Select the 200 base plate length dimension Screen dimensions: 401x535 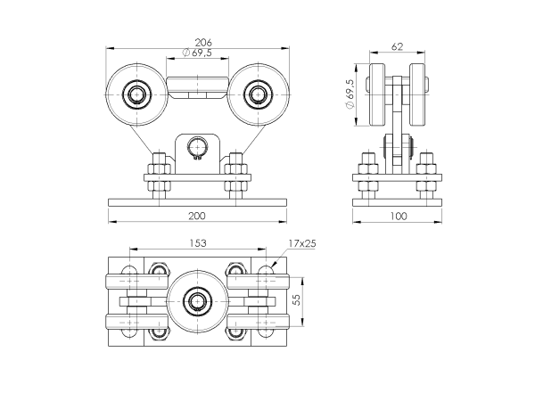[x=196, y=216]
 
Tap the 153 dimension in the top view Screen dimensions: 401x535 [x=197, y=242]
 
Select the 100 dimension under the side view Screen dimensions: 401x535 [x=398, y=216]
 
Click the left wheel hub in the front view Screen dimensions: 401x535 [x=136, y=94]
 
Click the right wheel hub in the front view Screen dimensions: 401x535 [x=257, y=94]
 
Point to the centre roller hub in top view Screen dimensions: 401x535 [x=196, y=301]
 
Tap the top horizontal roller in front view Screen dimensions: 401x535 [x=197, y=86]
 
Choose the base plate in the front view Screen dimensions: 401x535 [x=196, y=201]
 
